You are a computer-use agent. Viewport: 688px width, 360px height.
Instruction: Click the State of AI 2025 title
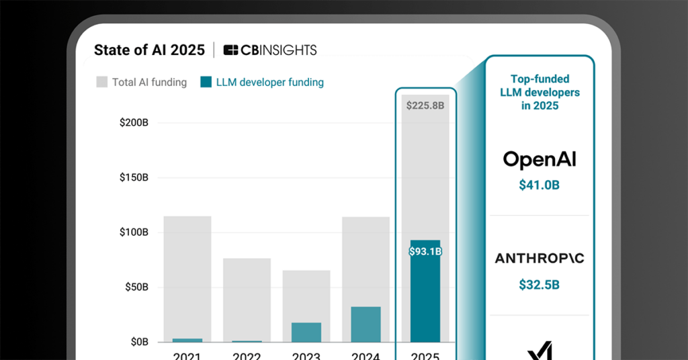coord(149,50)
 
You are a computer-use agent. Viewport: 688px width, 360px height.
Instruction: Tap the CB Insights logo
coord(269,50)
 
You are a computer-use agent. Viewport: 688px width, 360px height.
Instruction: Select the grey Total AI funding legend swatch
coord(101,83)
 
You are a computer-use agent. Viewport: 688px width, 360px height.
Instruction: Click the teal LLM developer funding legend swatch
coord(206,83)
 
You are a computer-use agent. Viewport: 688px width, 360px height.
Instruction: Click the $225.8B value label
coord(425,105)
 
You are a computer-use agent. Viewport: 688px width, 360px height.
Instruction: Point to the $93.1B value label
coord(425,252)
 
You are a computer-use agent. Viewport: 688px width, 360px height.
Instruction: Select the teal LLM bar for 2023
coord(306,332)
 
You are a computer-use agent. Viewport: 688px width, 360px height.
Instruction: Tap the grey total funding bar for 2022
coord(247,296)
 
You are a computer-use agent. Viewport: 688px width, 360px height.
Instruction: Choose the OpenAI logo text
coord(540,159)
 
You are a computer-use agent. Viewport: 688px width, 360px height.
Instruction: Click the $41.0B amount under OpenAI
coord(539,185)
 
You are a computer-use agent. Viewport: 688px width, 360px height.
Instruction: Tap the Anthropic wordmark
coord(540,259)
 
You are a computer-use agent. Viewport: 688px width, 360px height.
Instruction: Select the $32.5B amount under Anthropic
coord(539,285)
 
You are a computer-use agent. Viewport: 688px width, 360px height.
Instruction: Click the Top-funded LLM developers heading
coord(540,92)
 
